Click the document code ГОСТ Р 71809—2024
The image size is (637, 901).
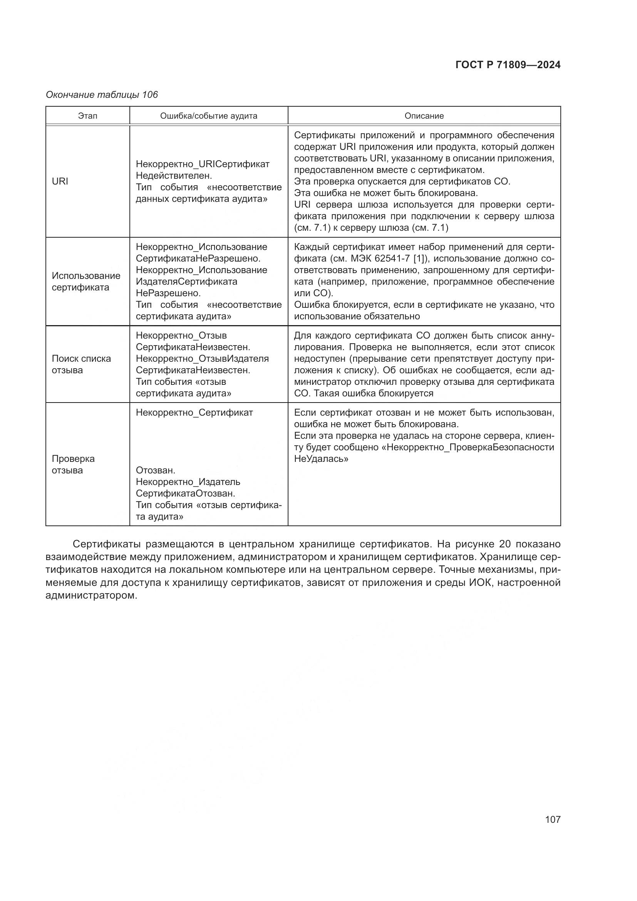(508, 65)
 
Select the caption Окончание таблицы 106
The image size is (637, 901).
(102, 95)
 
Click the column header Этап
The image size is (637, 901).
(87, 116)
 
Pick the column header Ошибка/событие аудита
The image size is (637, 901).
(209, 116)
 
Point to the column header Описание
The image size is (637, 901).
(424, 116)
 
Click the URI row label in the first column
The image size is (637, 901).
(60, 181)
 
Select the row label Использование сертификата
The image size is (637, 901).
(86, 281)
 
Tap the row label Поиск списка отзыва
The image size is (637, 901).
(81, 364)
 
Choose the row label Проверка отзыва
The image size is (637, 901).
(73, 464)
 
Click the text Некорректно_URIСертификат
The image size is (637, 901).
(203, 164)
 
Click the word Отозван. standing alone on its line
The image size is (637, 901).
(155, 470)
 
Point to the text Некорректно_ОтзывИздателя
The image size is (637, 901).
(202, 359)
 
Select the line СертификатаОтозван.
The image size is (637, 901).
(185, 493)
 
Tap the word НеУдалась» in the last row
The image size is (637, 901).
(321, 459)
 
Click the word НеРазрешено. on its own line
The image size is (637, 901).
(168, 293)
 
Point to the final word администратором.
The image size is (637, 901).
(91, 595)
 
